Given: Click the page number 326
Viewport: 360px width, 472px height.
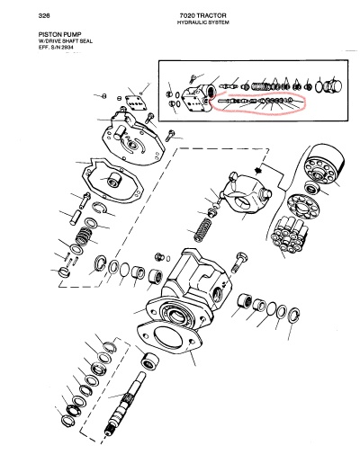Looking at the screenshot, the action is point(44,15).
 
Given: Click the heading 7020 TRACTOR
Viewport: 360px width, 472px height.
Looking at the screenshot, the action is point(202,15).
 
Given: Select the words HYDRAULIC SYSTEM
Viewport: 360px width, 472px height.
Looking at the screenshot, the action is point(202,22).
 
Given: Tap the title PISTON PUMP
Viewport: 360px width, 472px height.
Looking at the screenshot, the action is point(59,35).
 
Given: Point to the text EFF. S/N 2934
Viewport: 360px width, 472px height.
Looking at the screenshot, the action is point(56,48).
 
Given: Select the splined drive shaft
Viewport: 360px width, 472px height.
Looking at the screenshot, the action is point(124,404).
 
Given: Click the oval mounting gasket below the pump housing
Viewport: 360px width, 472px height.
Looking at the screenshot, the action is point(169,337).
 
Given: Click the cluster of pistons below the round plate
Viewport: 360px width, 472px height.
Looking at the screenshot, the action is point(289,234).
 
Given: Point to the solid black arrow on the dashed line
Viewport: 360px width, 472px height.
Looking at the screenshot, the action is point(258,171).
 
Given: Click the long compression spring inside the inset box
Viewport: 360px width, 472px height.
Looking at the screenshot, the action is point(260,86).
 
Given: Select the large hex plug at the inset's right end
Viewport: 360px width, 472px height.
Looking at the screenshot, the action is point(332,85).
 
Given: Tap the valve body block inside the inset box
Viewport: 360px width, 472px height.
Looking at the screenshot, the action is point(198,98).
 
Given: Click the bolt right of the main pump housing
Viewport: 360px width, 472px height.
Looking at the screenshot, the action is point(239,262).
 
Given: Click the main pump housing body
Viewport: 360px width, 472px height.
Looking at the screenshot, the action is point(190,289).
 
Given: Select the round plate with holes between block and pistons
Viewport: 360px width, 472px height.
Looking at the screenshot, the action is point(302,207).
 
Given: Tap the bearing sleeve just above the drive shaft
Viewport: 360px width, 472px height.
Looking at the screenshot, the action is point(150,360).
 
